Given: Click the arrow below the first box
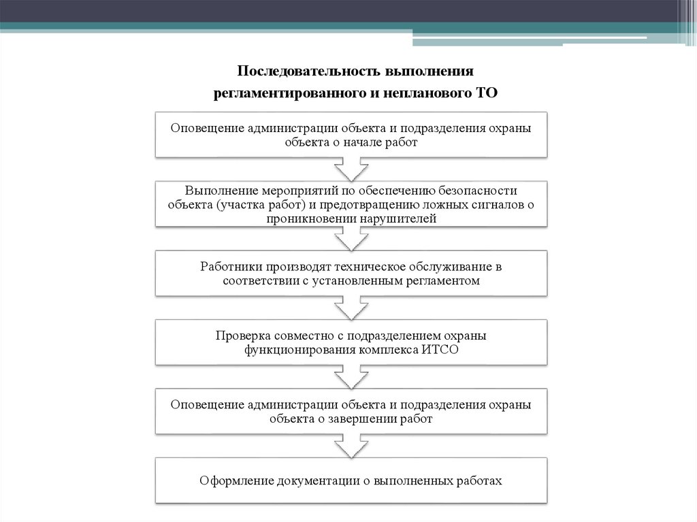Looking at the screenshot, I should tap(352, 168).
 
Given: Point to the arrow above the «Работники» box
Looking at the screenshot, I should tap(352, 238).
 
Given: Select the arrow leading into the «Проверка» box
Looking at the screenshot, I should tap(352, 308).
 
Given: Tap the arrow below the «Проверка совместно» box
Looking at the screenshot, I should tap(352, 376).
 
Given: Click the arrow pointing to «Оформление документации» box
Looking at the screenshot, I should tap(352, 446).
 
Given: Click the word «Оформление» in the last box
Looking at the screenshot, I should tap(236, 480).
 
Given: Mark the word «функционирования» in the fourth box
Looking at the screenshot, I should tap(297, 350).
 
